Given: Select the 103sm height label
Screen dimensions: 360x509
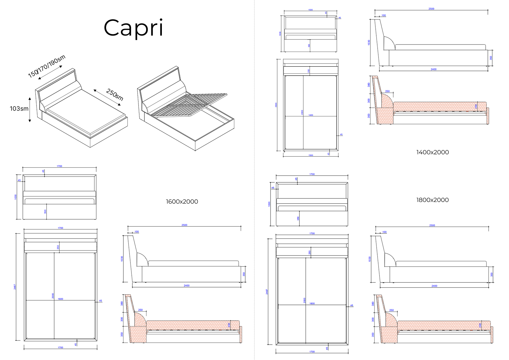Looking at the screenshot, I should coord(19,109).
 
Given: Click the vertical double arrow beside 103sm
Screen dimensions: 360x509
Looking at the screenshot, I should coord(30,110).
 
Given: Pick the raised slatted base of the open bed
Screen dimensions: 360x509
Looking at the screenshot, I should coord(189,104).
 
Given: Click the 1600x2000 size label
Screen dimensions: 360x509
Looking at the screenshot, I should coord(182,202).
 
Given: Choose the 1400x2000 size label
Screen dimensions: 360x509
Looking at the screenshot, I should coord(432,152).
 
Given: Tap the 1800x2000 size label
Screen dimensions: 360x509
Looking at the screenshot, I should coord(432,200).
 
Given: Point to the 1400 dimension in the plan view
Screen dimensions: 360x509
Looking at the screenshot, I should coord(311,115).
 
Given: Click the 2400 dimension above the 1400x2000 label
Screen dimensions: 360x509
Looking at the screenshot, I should coord(433,69).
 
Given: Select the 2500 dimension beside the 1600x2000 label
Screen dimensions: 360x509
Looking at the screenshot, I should coord(184,225).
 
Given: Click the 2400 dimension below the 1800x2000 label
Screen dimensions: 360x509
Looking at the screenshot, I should coord(434,286).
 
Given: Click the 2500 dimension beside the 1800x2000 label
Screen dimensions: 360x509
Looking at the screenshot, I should coord(432,225).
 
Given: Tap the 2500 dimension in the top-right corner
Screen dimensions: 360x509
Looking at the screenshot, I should coord(431,9).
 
